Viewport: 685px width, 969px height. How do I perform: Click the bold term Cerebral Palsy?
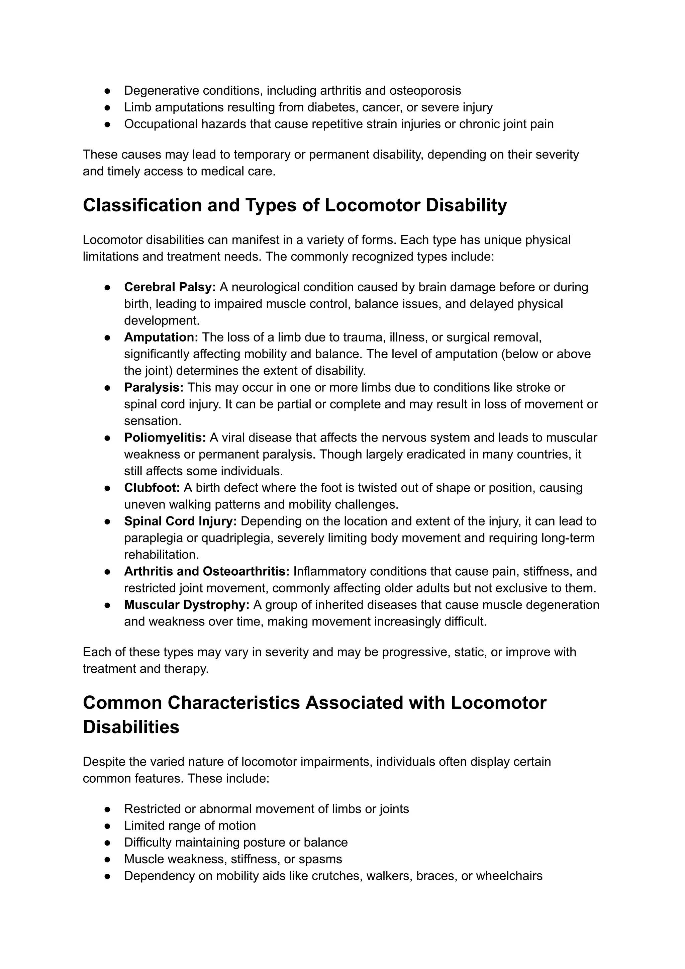170,287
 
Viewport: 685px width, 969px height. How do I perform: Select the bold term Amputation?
161,337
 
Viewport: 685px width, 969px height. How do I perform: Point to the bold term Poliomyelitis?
165,438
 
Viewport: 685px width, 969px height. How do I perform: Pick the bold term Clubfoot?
152,488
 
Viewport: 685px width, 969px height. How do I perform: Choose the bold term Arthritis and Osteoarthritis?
207,571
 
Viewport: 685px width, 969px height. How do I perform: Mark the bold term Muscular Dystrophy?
187,605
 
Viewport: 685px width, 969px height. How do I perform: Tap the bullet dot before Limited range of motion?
107,826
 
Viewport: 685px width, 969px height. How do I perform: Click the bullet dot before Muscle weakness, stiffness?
107,859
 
